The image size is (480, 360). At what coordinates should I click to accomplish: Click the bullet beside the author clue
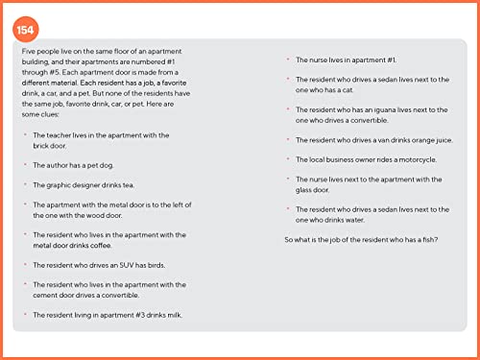tap(25, 166)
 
